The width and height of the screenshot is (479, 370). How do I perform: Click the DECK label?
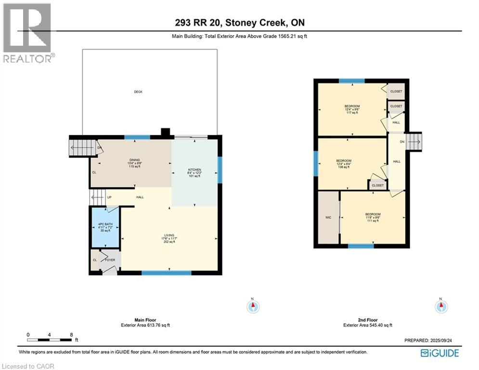(x=138, y=92)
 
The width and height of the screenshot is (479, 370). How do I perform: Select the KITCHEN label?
(x=194, y=170)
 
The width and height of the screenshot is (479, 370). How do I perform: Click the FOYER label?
(x=111, y=259)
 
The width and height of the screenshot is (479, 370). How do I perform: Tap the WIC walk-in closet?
(x=328, y=218)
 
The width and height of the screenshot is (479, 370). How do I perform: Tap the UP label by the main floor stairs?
(x=109, y=197)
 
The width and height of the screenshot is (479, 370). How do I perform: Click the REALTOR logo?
(x=27, y=33)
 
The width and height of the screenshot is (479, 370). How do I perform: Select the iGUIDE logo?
(x=440, y=353)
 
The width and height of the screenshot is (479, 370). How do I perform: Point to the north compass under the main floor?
(x=253, y=305)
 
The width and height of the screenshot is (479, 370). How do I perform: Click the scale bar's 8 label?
(x=71, y=334)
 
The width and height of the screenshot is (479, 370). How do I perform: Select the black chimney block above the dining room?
(x=165, y=132)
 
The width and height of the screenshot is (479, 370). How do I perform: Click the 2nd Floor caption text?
(x=368, y=320)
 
